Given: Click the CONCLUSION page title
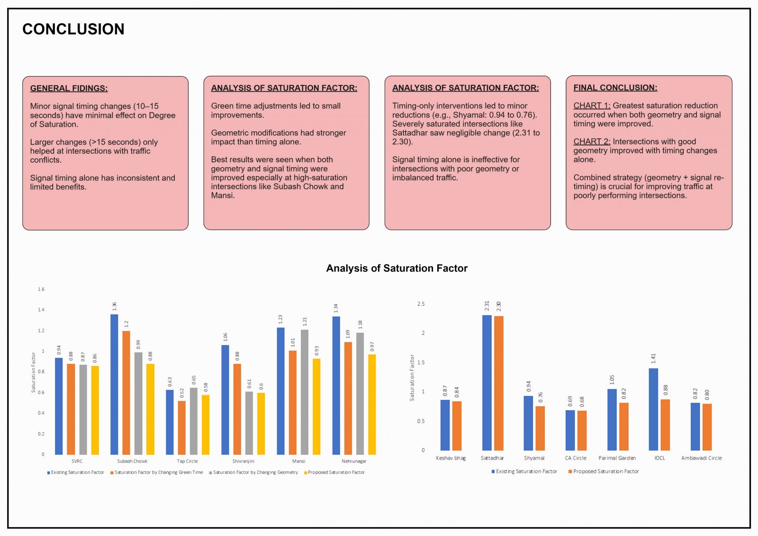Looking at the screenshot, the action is [73, 29].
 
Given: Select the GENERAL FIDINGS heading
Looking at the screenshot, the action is [69, 88].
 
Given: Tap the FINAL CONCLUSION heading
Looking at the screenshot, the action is [615, 88].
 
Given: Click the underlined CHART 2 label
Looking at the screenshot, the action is [592, 142].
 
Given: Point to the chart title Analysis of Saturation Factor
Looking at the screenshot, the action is [397, 268].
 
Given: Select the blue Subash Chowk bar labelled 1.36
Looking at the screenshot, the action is [114, 384].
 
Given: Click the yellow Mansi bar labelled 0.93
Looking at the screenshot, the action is [316, 406].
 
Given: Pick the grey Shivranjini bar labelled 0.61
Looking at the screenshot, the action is [249, 423].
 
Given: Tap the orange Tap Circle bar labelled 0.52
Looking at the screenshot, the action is [182, 427].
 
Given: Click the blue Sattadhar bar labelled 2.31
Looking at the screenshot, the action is [487, 382].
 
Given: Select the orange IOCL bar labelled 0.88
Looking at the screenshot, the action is [665, 425].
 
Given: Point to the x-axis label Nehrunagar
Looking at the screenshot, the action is [354, 461].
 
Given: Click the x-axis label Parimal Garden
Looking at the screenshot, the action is [617, 458].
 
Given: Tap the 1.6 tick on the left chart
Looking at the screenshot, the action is [41, 289].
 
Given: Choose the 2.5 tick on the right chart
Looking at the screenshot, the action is [421, 304].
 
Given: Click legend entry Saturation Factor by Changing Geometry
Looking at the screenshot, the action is [253, 472].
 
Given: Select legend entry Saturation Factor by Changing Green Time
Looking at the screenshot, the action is [157, 472].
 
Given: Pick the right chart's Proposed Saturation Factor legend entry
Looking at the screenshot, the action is [604, 472].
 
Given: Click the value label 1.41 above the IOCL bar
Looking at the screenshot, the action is [653, 358].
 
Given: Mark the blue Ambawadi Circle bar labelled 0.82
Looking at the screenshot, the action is [695, 427].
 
